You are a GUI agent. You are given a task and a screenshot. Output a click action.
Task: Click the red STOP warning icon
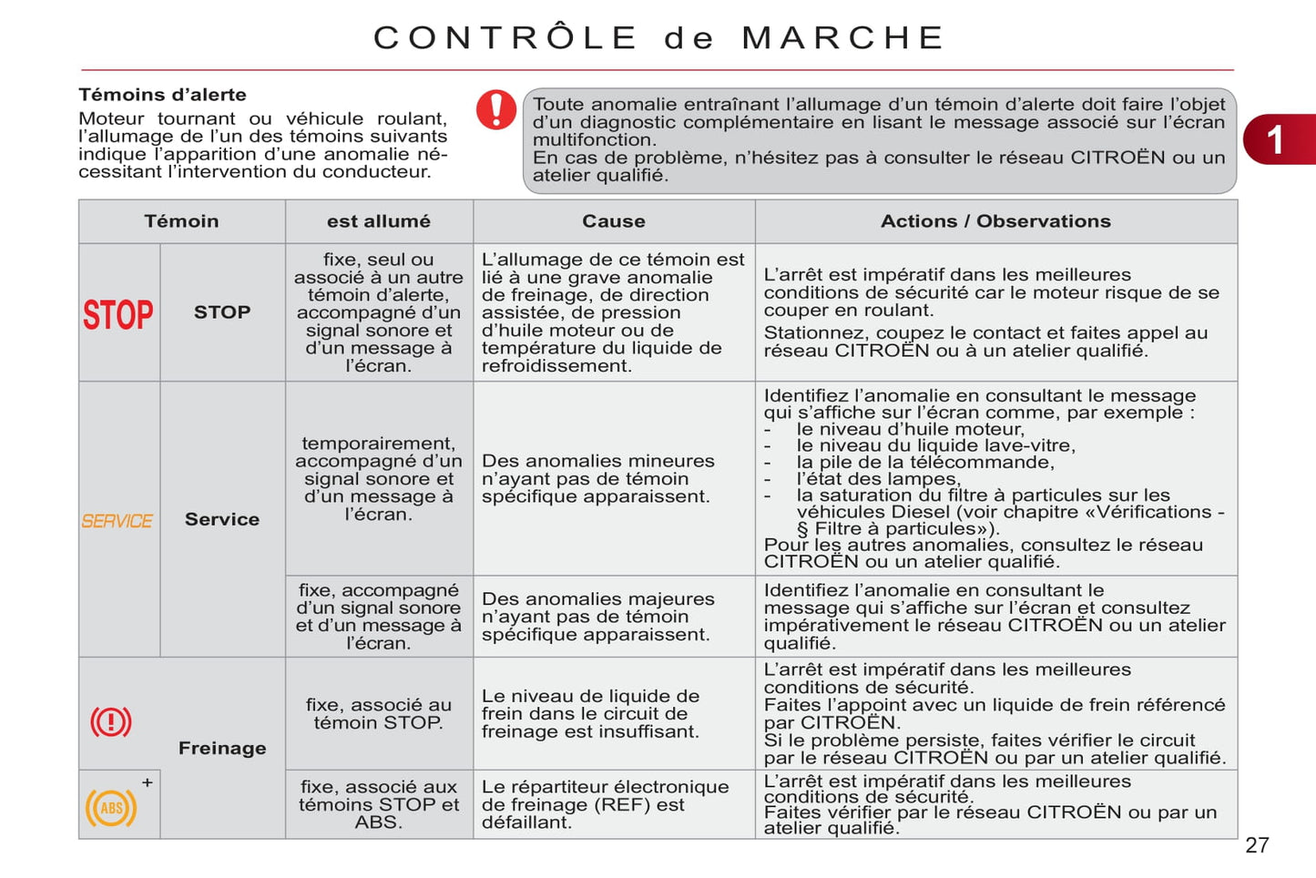click(x=118, y=314)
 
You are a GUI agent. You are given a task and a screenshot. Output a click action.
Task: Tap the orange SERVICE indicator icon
click(x=117, y=521)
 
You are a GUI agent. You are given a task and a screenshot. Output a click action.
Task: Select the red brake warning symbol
click(x=111, y=722)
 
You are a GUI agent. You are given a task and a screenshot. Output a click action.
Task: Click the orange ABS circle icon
click(x=111, y=808)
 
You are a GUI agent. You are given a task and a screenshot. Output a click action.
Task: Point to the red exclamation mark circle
click(x=496, y=110)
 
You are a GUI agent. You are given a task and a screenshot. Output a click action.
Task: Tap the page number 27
click(x=1257, y=845)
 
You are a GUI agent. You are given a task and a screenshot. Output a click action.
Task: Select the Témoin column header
click(x=181, y=221)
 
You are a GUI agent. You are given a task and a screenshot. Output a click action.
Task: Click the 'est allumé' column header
click(x=379, y=221)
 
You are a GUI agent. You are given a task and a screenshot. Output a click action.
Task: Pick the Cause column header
click(x=614, y=221)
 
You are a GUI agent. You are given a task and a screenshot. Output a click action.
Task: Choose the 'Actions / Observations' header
click(x=995, y=221)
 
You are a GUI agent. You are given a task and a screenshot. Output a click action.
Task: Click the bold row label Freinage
click(x=222, y=748)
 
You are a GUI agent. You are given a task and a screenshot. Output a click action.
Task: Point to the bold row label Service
click(x=222, y=519)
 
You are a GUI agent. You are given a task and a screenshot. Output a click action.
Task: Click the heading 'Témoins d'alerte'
click(x=162, y=95)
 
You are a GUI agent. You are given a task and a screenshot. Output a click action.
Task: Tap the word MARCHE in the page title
click(x=843, y=38)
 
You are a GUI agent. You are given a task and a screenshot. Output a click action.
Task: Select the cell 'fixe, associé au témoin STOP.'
click(x=379, y=713)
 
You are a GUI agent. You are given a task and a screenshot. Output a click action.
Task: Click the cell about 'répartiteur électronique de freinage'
click(x=605, y=804)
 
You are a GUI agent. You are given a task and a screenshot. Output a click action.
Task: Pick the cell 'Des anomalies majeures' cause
click(x=597, y=617)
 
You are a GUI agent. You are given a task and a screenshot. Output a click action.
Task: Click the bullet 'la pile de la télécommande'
click(x=924, y=463)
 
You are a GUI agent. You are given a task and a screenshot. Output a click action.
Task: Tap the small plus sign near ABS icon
click(x=148, y=782)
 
